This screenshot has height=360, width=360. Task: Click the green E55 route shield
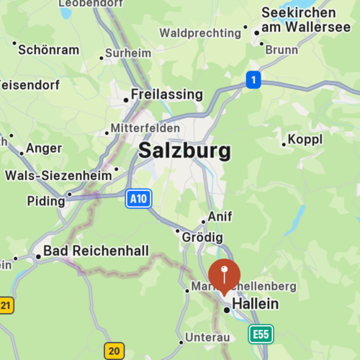(261, 334)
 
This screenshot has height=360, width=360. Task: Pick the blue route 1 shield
(252, 80)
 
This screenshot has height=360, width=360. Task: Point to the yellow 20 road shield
(114, 351)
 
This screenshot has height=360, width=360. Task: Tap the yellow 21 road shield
(6, 305)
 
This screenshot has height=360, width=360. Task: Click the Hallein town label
(255, 305)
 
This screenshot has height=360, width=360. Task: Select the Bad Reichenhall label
(96, 251)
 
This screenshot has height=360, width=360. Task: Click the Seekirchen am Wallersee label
(298, 20)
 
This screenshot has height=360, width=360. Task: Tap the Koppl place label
(305, 140)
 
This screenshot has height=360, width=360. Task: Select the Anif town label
(220, 216)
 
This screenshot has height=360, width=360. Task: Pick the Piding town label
(46, 200)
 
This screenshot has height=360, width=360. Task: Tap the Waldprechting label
(199, 33)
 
